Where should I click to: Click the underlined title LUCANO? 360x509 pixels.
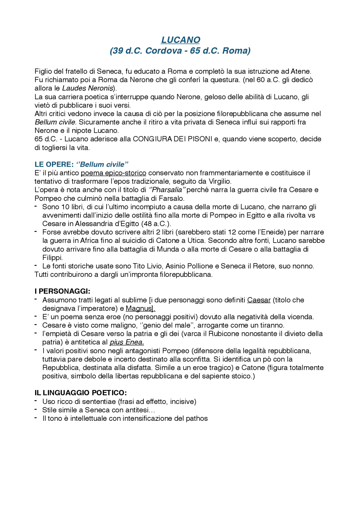click(x=181, y=40)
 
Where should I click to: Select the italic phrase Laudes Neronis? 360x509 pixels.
click(x=87, y=88)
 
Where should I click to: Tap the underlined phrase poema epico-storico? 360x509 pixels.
click(x=113, y=173)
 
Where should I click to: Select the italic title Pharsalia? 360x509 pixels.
click(x=167, y=190)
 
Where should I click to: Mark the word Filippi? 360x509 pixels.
click(x=52, y=257)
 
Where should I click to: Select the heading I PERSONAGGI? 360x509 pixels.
click(x=62, y=291)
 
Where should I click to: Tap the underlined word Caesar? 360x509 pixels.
click(x=259, y=300)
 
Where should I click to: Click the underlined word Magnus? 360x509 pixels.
click(x=139, y=309)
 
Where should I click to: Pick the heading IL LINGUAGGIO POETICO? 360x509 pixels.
click(x=81, y=393)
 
